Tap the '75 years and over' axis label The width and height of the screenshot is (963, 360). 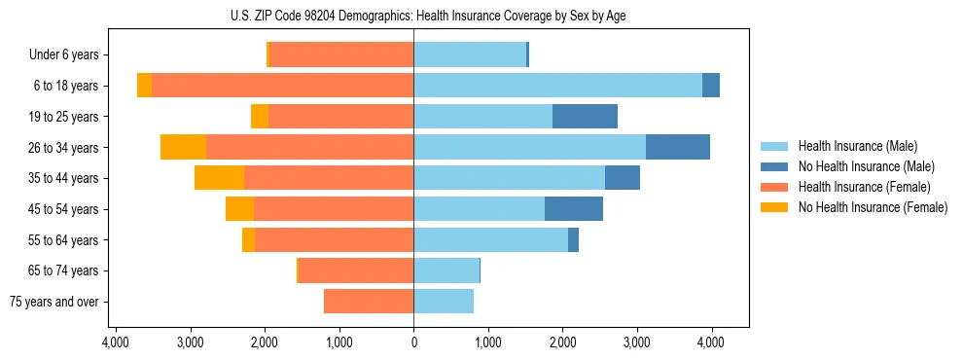pos(54,302)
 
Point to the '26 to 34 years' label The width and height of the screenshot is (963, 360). pos(65,148)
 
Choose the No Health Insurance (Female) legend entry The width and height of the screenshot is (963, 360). pos(873,207)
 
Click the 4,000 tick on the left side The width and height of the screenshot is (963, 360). pos(116,342)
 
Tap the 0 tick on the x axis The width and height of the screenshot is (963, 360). pos(413,342)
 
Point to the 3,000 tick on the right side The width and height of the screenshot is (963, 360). pos(637,342)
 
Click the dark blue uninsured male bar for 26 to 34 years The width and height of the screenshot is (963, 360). pos(678,147)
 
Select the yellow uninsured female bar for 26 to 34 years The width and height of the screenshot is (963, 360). pos(183,147)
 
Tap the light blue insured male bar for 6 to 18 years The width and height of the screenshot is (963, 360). pos(557,86)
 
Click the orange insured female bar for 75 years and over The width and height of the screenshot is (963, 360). pos(369,302)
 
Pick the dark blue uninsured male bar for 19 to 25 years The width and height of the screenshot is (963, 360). pos(585,117)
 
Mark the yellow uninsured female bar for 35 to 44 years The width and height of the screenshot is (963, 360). pos(219,178)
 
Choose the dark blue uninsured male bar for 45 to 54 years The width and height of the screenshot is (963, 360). pos(574,209)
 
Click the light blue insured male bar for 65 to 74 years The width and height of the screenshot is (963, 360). pos(446,270)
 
